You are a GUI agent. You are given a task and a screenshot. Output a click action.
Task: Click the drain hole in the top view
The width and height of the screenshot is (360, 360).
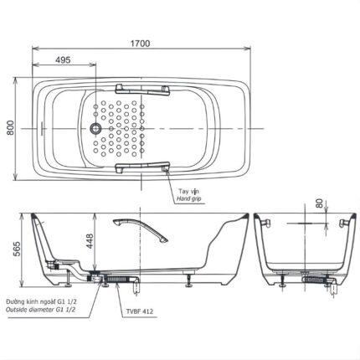tap(95, 130)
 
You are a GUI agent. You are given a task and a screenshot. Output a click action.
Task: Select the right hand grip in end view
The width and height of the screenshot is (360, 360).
tap(344, 222)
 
